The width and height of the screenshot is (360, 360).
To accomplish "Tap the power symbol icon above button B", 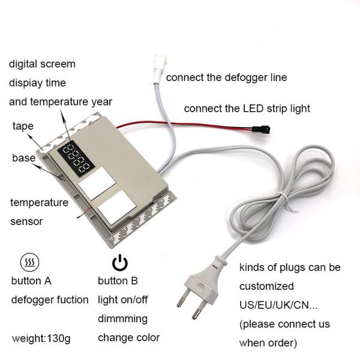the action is pyautogui.click(x=120, y=263).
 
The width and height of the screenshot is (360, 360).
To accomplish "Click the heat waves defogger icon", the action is pyautogui.click(x=30, y=262).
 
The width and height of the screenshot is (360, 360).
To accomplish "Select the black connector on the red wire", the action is pyautogui.click(x=261, y=129).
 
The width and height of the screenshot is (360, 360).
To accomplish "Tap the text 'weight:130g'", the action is pyautogui.click(x=41, y=338).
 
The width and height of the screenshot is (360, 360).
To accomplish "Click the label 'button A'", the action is pyautogui.click(x=31, y=281).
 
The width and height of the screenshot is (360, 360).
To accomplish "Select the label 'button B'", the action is pyautogui.click(x=118, y=281).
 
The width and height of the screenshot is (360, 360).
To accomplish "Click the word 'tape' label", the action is pyautogui.click(x=23, y=126).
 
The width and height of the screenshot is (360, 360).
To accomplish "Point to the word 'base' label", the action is pyautogui.click(x=24, y=158).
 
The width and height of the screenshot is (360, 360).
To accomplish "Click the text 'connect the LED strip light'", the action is pyautogui.click(x=247, y=109).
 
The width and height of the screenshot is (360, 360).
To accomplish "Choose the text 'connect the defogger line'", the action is pyautogui.click(x=226, y=77).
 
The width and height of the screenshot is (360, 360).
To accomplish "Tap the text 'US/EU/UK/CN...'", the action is pyautogui.click(x=278, y=305).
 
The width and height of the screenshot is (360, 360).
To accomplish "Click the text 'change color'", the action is pyautogui.click(x=128, y=338).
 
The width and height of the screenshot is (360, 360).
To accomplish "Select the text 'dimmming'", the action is pyautogui.click(x=122, y=319).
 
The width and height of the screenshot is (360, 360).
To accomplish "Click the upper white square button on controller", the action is pyautogui.click(x=97, y=183).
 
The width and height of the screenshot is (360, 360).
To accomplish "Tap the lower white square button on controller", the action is pyautogui.click(x=117, y=207).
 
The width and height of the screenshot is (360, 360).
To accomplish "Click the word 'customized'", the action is pyautogui.click(x=266, y=286).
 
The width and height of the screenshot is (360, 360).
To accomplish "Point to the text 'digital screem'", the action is pyautogui.click(x=42, y=64).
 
